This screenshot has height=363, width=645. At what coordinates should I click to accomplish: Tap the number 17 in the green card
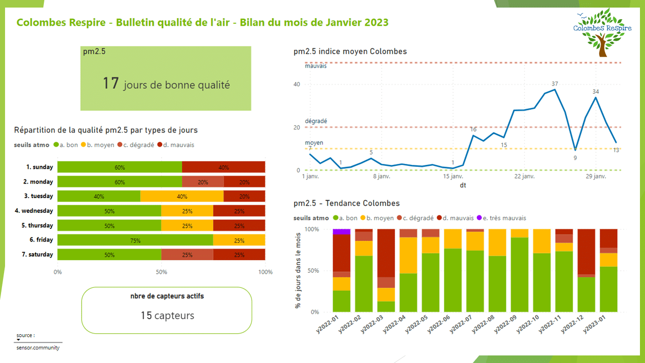point(110,83)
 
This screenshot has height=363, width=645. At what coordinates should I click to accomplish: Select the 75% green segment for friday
point(135,240)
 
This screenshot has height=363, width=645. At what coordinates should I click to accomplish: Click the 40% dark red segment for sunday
point(223,167)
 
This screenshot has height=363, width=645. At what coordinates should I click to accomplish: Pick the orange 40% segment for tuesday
point(182,197)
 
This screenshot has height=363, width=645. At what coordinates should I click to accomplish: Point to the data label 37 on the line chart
point(555,84)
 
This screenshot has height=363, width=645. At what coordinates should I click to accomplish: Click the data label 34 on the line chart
point(596,92)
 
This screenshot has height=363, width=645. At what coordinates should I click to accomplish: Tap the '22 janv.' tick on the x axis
point(524,177)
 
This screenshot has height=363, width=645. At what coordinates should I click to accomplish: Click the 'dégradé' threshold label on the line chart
point(316,122)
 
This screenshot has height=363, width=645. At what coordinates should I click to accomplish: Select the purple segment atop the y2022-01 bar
point(342,231)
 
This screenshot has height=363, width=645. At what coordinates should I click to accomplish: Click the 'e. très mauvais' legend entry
point(504,218)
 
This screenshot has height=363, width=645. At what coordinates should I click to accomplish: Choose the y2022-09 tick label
point(503,322)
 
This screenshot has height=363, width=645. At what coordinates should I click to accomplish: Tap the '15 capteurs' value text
point(167,316)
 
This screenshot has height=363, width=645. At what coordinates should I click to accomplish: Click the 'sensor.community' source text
point(38,347)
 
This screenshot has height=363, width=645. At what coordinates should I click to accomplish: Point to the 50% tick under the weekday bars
point(161,272)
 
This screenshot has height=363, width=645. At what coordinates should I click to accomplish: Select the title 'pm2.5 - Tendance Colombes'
point(346,203)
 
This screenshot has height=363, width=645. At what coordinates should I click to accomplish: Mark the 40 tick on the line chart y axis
point(297,84)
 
